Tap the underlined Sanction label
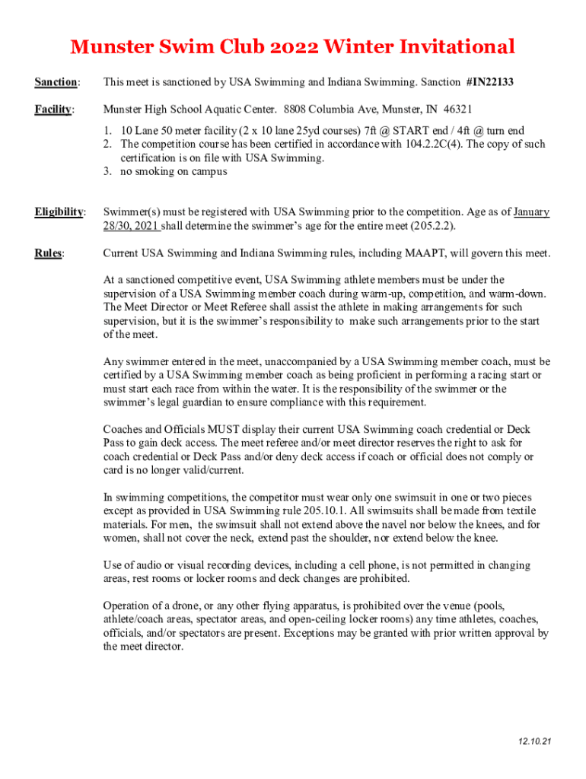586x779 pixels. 56,81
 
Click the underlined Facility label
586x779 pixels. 53,109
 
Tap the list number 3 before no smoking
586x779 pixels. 108,171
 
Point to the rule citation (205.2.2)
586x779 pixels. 433,226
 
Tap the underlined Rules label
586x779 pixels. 49,253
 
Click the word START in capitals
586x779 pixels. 412,131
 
